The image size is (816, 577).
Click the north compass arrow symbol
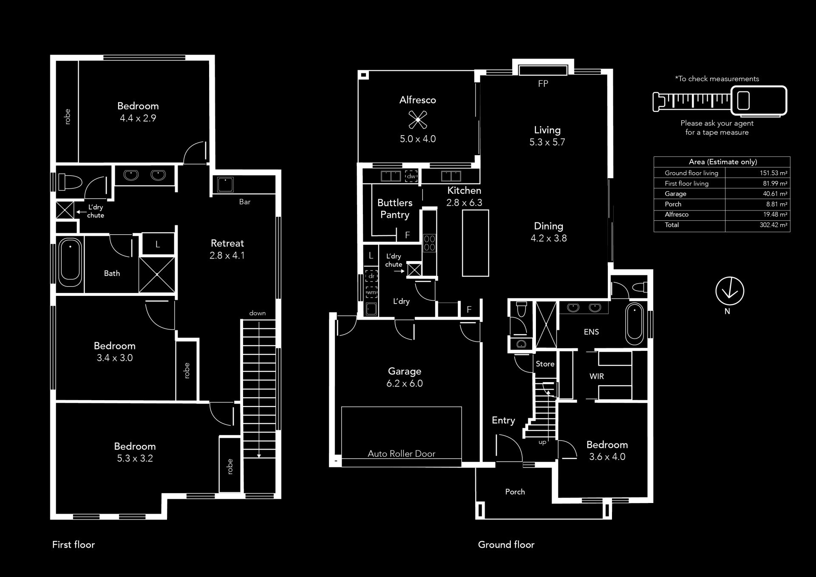(x=729, y=291)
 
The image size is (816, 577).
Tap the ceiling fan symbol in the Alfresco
(x=418, y=119)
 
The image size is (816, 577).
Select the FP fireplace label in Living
(x=543, y=84)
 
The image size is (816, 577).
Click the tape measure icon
(x=720, y=101)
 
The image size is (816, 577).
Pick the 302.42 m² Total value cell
(x=773, y=225)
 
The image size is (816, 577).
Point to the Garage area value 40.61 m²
(x=775, y=194)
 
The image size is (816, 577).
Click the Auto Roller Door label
(x=401, y=454)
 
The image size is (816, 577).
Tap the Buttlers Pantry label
(x=395, y=209)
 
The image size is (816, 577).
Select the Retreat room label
(x=227, y=243)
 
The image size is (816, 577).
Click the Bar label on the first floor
(x=245, y=202)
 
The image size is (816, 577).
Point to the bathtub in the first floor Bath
(x=70, y=263)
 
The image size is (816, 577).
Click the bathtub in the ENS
(x=635, y=324)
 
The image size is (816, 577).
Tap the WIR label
(x=596, y=376)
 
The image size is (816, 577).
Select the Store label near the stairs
(x=545, y=364)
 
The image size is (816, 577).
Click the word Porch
(x=515, y=492)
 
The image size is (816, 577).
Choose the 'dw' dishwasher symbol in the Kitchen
(x=411, y=176)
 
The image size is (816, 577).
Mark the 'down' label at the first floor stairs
(x=257, y=313)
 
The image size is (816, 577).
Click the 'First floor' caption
(x=74, y=545)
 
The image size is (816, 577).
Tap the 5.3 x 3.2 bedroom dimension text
(x=135, y=458)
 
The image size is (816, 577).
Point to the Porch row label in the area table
(x=673, y=204)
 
